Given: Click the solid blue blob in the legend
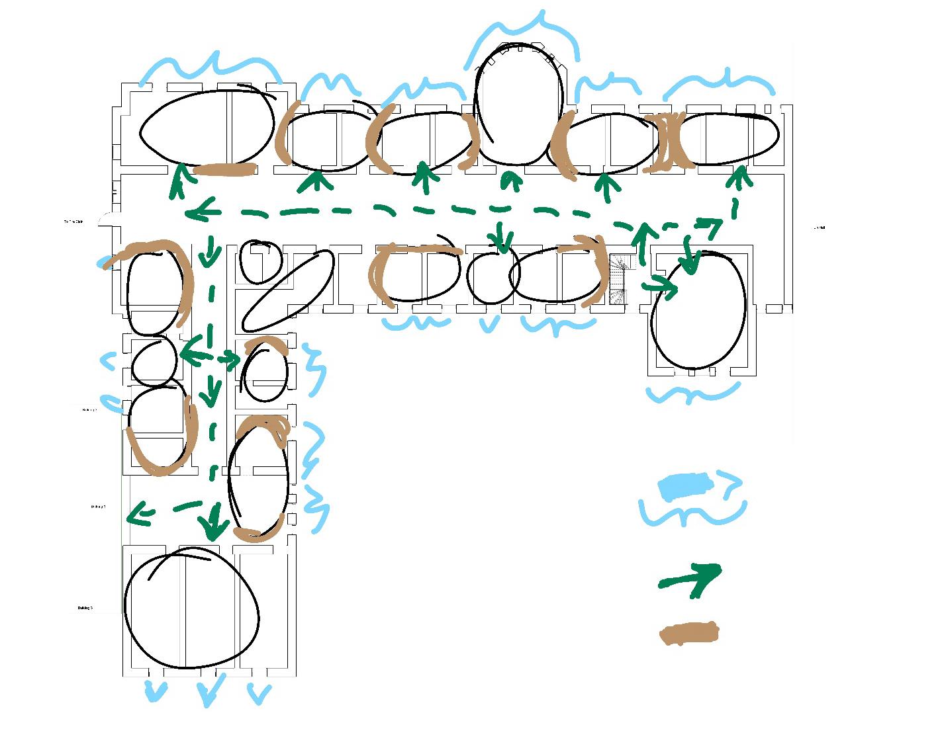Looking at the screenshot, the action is click(684, 487).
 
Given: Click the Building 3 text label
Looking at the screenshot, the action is click(85, 608).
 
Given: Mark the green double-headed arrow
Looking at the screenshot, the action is click(209, 358).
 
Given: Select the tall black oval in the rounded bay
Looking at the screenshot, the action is click(520, 104).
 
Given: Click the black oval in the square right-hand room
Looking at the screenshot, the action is click(699, 311).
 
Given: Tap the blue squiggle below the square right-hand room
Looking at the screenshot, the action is click(692, 394).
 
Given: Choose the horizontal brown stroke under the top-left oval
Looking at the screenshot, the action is click(226, 170).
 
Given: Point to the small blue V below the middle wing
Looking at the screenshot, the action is click(489, 324).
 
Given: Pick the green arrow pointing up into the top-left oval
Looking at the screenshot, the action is click(178, 182).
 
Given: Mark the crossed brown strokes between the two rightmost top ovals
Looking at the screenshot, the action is click(668, 142).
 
